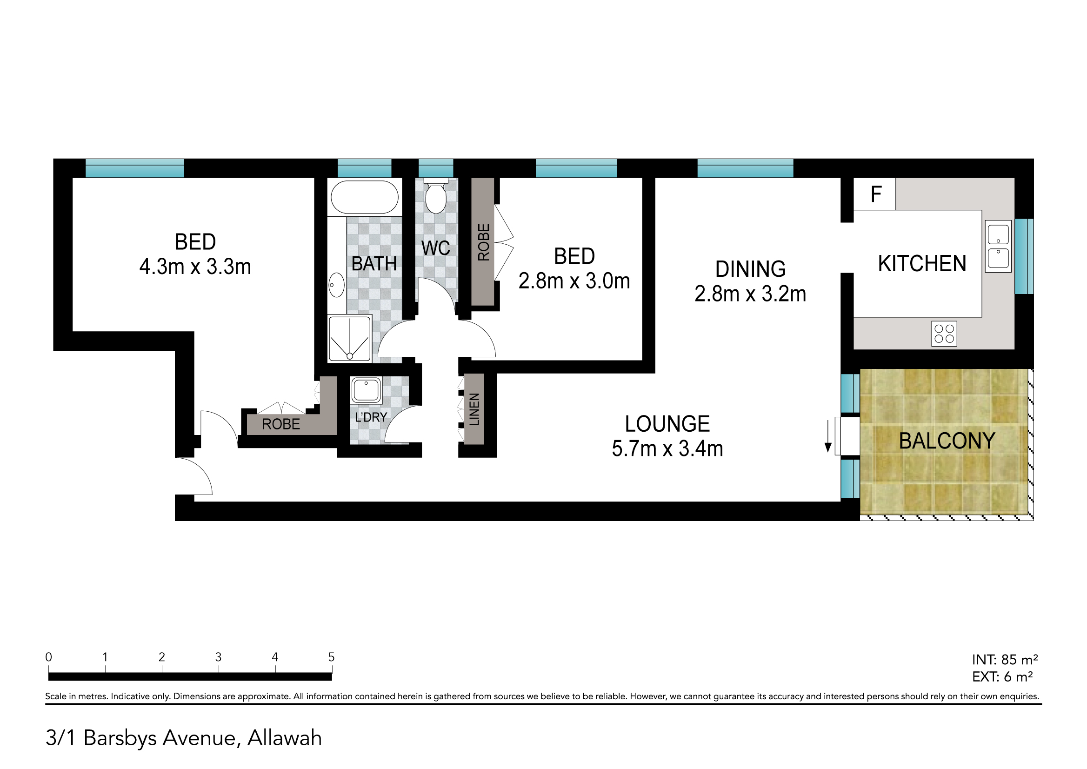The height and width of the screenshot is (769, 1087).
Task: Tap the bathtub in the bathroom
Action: point(365,197)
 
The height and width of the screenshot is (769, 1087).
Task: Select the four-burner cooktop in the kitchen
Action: point(944,334)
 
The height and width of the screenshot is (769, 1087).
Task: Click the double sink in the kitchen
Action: point(998,246)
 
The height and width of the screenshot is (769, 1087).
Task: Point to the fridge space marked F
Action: point(874,194)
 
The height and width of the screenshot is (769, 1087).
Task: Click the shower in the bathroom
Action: point(350,339)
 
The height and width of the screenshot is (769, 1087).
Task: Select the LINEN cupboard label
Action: point(474,409)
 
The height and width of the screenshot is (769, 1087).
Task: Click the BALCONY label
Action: point(947,441)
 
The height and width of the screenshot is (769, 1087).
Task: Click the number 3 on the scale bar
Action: point(218,657)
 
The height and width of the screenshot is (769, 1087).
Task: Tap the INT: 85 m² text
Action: point(1005,660)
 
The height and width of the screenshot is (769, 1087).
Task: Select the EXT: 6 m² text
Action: point(1002,677)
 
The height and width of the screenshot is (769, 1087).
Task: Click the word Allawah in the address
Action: point(285,738)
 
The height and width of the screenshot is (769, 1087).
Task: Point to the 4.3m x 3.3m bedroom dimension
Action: point(195,267)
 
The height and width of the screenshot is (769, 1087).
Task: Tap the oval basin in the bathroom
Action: point(336,285)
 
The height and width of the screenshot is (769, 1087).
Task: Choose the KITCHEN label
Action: point(922,264)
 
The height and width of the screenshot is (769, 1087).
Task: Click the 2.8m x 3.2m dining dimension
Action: point(750,294)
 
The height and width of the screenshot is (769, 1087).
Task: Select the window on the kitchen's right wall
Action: point(1024,257)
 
